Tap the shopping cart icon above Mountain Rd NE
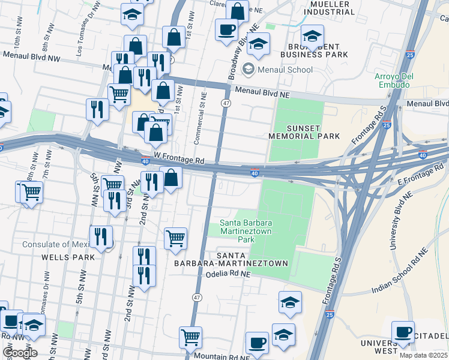[x=190, y=336]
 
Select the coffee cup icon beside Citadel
[x=403, y=331]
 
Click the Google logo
[x=19, y=352]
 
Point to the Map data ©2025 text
[x=423, y=355]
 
